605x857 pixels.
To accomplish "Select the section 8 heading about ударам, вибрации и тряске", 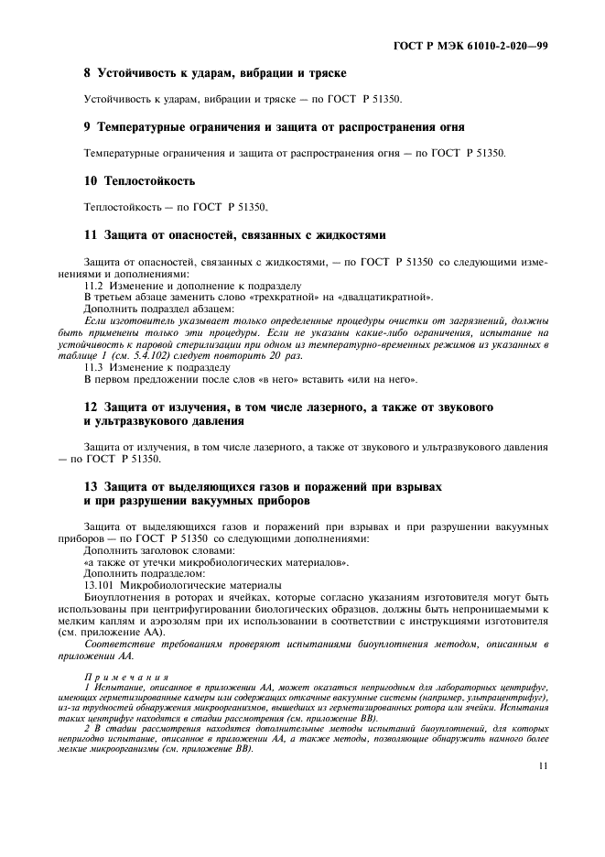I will click(215, 72).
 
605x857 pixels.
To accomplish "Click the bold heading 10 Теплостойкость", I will click(138, 181).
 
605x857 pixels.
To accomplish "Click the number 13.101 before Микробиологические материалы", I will click(102, 584).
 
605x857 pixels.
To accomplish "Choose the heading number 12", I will click(90, 406).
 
